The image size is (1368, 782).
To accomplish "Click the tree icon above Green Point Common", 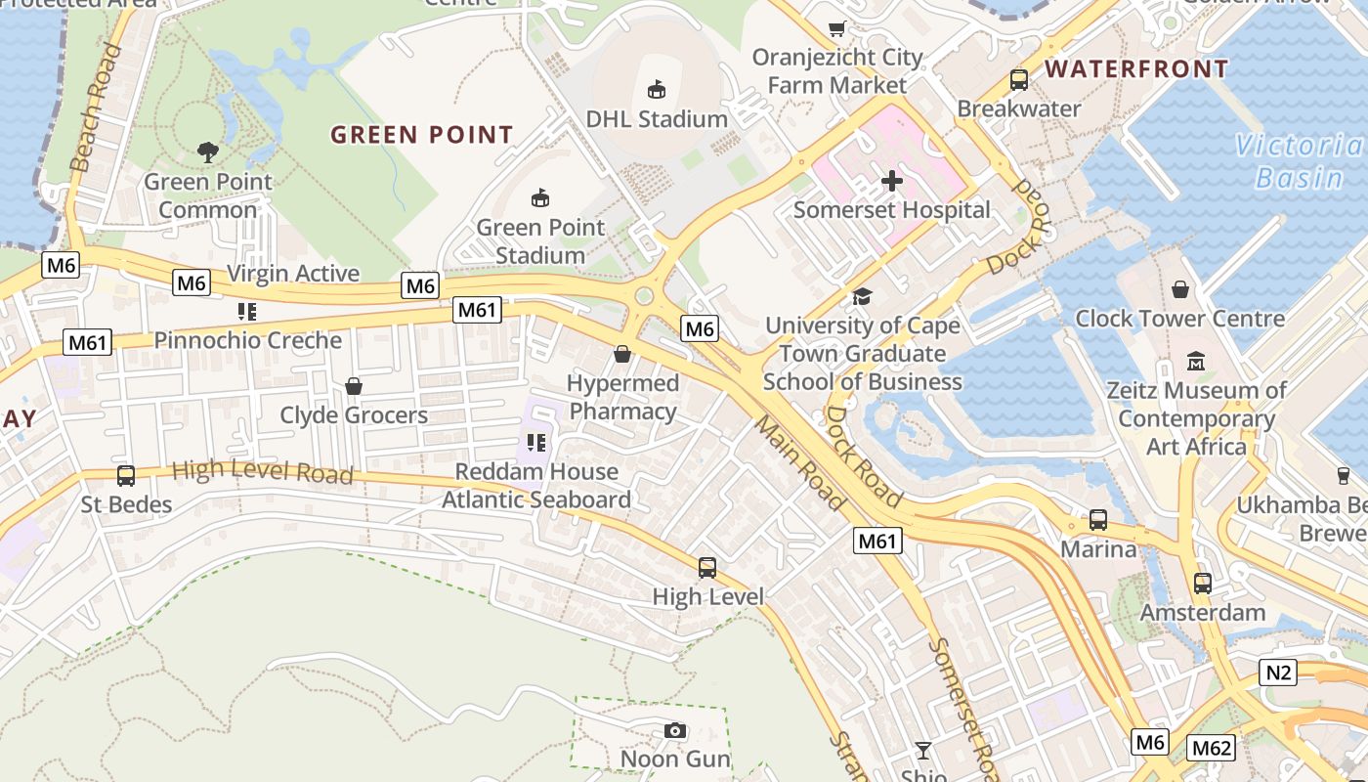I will (207, 152).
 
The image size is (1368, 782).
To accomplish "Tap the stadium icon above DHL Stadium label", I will (656, 90).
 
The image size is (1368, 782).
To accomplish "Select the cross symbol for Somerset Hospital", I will (891, 180).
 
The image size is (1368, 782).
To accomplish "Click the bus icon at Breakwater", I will (1019, 79).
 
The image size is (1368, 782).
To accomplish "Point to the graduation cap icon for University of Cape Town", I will (861, 296).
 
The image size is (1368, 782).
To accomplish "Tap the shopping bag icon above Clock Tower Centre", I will (1179, 289).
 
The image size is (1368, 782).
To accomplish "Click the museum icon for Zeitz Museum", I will (1196, 362).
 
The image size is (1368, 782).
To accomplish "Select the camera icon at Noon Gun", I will (674, 730).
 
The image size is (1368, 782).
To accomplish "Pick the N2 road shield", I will (1277, 673).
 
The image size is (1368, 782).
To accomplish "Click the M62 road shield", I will (1212, 749).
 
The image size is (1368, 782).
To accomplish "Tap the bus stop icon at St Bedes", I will (125, 476).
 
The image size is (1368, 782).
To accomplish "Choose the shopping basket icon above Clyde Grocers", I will (354, 386).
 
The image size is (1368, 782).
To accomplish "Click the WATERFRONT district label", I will (1136, 68).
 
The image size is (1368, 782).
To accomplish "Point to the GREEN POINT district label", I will (421, 135).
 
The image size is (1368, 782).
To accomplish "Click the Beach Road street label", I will (97, 108).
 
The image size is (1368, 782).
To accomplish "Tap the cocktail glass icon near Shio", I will (922, 751).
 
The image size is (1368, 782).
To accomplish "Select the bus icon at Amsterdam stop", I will (1202, 584).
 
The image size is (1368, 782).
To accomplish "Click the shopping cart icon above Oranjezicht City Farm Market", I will (836, 28).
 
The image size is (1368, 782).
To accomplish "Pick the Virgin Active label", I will (293, 274).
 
